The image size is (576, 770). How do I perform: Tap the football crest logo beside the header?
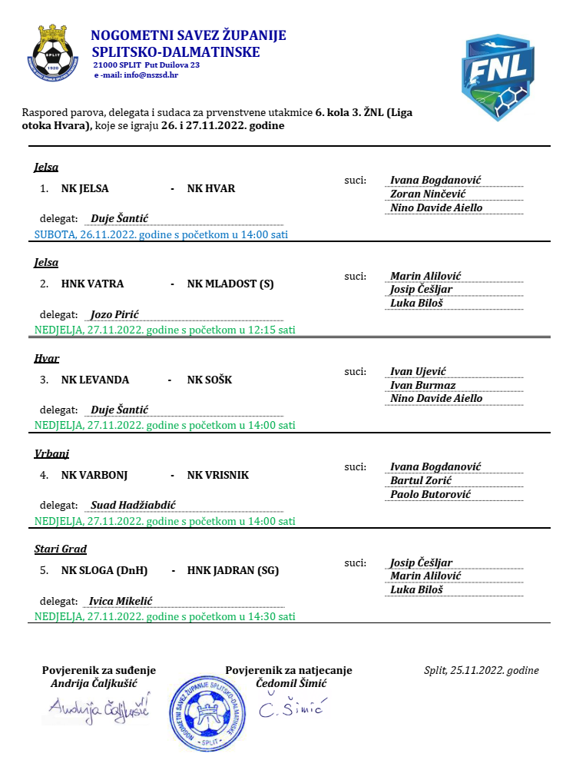pos(55,55)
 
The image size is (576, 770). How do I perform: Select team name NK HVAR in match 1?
pos(211,189)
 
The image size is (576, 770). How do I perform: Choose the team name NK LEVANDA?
pos(95,380)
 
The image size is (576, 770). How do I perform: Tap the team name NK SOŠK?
pos(210,380)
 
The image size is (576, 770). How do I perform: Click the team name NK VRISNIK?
pos(218,475)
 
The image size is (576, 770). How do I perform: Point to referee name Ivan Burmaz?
pos(423,385)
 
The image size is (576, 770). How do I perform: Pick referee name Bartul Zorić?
pos(421,480)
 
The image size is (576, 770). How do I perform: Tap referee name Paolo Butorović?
pos(431,494)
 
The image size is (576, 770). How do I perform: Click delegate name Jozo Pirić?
pos(114,314)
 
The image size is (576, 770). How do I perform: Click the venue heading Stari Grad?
pos(61,549)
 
